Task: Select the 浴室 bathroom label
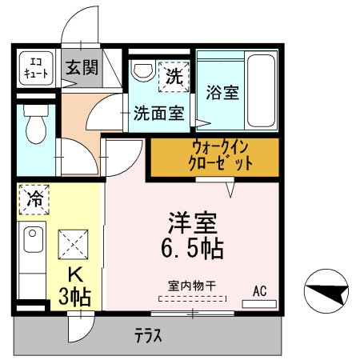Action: (223, 92)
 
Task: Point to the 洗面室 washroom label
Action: (158, 114)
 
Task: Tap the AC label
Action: (260, 290)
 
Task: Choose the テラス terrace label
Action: (149, 336)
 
